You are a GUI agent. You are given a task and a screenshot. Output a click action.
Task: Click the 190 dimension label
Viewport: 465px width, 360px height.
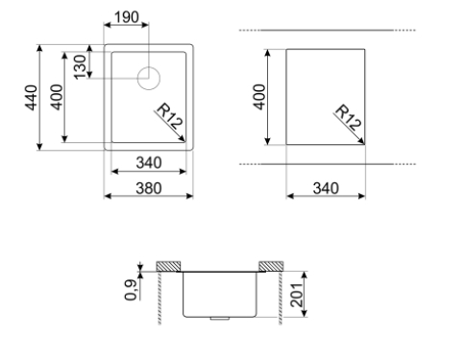point(127,17)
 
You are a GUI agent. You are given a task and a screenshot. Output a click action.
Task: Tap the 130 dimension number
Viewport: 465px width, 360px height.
point(80,67)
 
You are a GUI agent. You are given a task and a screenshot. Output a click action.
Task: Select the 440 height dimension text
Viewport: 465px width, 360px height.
point(31,98)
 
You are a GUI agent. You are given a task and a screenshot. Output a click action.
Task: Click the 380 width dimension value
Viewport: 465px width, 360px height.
point(149,188)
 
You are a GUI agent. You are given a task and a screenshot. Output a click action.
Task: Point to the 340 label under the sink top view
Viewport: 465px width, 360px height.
point(149,163)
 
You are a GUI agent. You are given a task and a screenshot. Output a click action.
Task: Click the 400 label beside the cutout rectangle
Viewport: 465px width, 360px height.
point(259,97)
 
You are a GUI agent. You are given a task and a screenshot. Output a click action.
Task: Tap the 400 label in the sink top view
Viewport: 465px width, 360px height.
point(57,97)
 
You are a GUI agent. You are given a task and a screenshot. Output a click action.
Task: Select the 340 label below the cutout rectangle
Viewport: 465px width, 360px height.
point(326,188)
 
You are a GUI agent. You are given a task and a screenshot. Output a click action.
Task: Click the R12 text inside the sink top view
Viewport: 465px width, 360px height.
point(169,116)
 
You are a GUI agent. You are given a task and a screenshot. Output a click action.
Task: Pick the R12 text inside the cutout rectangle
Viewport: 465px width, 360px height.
point(348,118)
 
